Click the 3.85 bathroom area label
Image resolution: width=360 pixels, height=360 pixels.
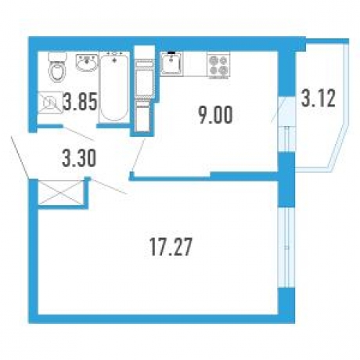click(81, 102)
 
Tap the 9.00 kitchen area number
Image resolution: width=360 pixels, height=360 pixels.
click(215, 115)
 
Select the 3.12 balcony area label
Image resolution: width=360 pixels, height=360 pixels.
click(318, 98)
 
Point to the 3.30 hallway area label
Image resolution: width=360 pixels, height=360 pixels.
click(79, 158)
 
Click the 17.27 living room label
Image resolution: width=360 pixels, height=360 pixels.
click(171, 247)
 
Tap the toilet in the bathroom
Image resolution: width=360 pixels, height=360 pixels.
click(57, 67)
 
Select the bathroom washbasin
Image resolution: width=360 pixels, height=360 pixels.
click(87, 63)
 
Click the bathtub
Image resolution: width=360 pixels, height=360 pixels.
click(114, 87)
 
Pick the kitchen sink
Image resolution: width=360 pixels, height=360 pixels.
click(171, 63)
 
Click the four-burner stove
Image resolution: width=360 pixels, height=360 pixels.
click(218, 65)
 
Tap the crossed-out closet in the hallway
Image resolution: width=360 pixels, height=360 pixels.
click(60, 193)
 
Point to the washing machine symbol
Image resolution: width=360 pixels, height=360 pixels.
click(51, 103)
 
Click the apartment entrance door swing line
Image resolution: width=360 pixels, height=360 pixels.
click(20, 157)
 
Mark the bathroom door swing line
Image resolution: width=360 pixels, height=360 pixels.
click(78, 134)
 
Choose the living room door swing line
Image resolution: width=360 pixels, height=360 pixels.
click(109, 187)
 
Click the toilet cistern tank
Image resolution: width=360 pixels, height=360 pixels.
click(58, 56)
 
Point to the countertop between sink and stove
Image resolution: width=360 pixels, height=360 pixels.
click(195, 64)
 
